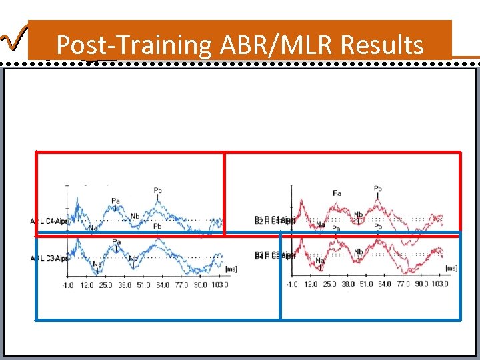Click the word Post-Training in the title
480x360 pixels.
(x=133, y=45)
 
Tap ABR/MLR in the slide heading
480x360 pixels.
(x=276, y=45)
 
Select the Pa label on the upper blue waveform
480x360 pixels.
(x=116, y=199)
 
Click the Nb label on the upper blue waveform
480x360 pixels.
(x=135, y=215)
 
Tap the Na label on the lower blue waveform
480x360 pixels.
(x=97, y=264)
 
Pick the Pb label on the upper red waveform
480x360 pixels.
(x=378, y=189)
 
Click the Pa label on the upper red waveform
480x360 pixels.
(x=337, y=193)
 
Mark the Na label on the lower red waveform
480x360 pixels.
(x=320, y=260)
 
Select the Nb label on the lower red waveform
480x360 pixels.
(x=359, y=251)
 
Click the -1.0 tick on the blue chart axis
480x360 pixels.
(x=67, y=285)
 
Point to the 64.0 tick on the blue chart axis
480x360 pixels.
(x=162, y=285)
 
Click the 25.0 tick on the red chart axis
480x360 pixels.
(x=329, y=284)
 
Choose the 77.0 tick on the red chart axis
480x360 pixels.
(x=403, y=284)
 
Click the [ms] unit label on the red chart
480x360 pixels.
(x=451, y=268)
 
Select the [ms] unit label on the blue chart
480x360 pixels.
(x=231, y=269)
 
